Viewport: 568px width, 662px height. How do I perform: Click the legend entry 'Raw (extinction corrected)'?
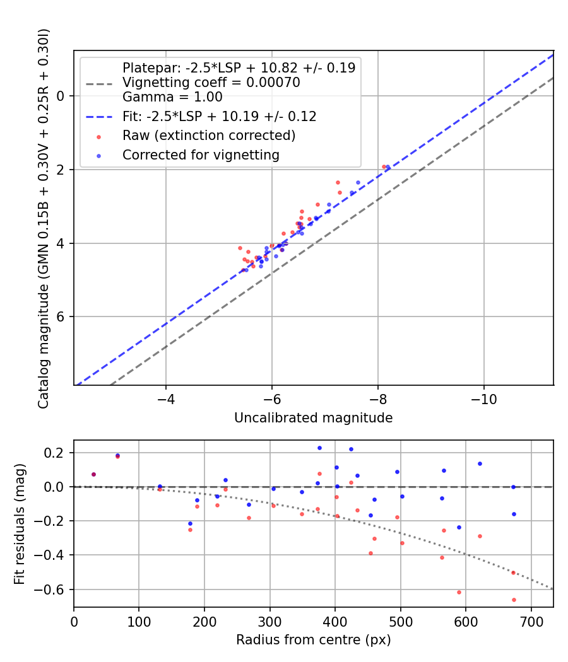(x=209, y=135)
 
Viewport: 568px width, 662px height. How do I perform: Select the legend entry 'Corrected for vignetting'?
(x=201, y=154)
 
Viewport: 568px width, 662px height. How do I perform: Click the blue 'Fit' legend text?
(x=219, y=116)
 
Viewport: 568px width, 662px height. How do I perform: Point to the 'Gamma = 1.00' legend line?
(x=172, y=97)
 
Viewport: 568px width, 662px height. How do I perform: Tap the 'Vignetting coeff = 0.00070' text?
(x=211, y=82)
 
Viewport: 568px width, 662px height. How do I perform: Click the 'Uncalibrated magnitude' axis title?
(x=313, y=418)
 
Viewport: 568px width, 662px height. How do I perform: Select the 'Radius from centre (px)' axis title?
(x=313, y=640)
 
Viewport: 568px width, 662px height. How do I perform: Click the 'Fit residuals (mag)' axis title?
(x=20, y=523)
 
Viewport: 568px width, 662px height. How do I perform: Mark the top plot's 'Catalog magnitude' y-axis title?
(x=43, y=218)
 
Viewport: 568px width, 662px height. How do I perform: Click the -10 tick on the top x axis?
(x=483, y=400)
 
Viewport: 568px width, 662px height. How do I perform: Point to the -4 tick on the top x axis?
(x=166, y=400)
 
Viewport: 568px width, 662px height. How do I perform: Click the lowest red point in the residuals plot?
(x=514, y=600)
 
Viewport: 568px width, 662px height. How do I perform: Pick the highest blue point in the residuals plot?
(x=319, y=448)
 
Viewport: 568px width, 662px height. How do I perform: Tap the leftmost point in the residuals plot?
(x=93, y=474)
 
